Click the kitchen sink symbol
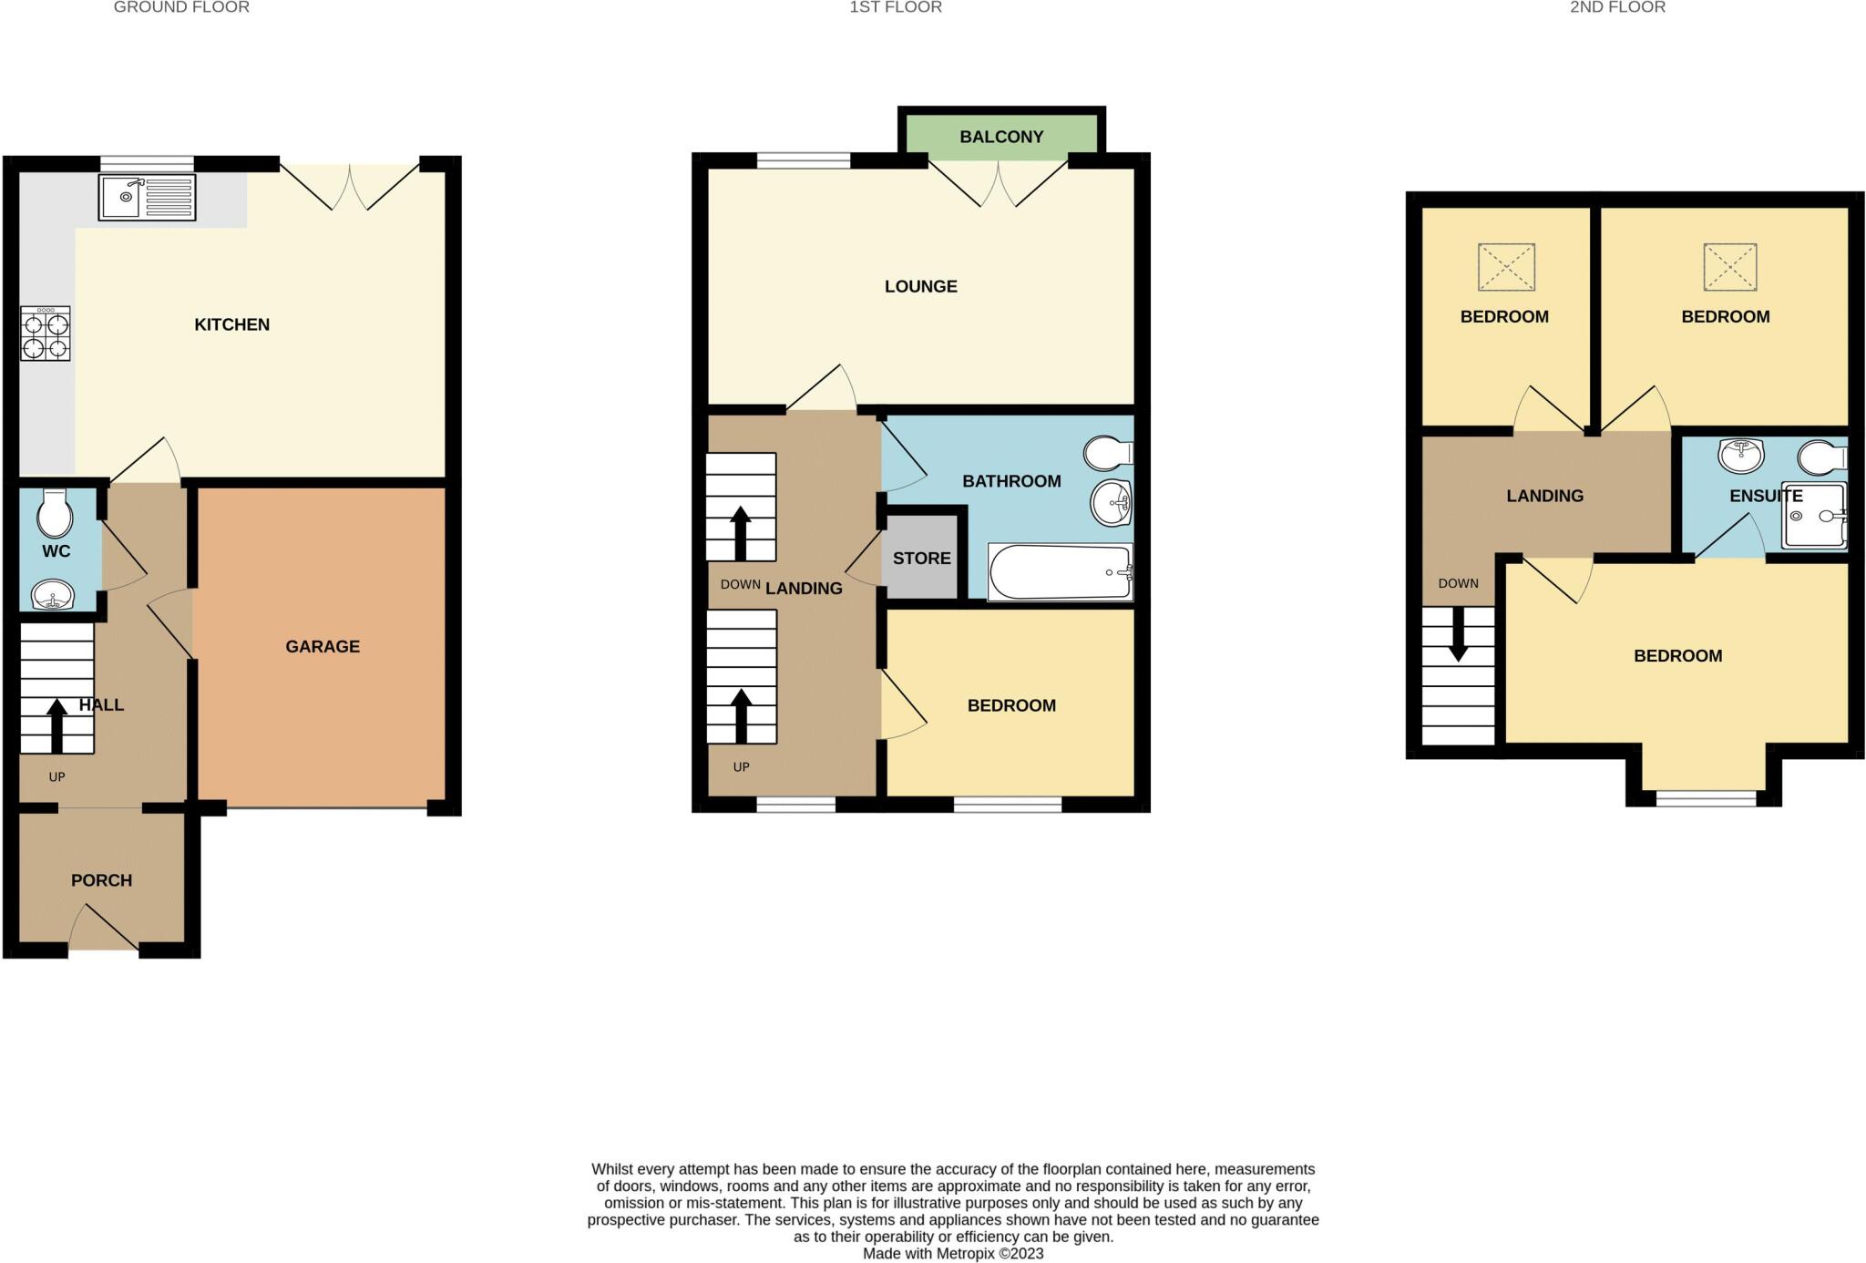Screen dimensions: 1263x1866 pos(147,198)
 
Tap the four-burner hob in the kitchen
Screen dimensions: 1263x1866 pos(46,334)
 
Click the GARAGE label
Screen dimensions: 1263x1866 pos(323,647)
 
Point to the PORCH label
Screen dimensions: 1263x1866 pos(101,880)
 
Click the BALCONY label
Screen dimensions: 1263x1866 pos(1000,137)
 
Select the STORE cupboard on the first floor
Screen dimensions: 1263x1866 pos(921,559)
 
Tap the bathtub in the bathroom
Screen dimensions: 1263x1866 pos(1060,572)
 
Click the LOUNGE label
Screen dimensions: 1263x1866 pos(920,286)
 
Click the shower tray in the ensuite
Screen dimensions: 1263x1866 pos(1814,516)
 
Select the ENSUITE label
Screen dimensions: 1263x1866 pos(1766,496)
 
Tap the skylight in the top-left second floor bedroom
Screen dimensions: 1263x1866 pos(1506,267)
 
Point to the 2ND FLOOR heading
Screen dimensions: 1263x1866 pos(1617,7)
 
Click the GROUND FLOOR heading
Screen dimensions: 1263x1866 pos(181,7)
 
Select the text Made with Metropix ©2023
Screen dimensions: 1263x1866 pos(952,1253)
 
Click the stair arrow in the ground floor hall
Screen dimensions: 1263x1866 pos(56,725)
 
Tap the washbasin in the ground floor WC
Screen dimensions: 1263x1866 pos(53,597)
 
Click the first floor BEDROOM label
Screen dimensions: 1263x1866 pos(1011,705)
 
